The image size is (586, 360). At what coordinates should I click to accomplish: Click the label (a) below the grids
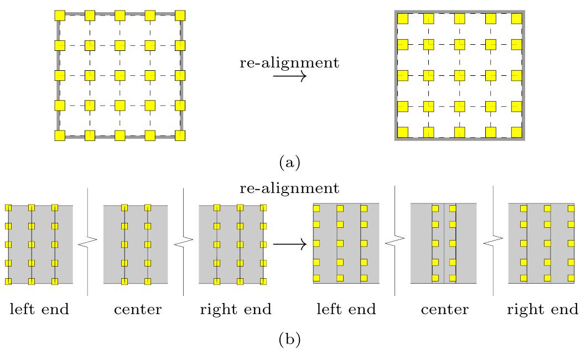[289, 163]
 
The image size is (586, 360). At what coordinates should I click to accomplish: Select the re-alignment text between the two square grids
[289, 62]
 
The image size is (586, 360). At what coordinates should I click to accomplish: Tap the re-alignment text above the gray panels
[289, 188]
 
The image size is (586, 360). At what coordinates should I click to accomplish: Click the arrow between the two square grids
[289, 77]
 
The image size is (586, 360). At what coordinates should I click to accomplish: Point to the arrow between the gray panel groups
[289, 243]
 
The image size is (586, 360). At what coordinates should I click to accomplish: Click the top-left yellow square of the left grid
[60, 15]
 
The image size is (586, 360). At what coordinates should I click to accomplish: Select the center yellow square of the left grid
[120, 75]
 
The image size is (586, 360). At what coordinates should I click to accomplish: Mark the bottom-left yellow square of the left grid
[60, 135]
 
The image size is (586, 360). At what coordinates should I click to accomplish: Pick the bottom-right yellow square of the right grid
[516, 132]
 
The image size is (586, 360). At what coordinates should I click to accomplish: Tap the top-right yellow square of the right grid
[516, 19]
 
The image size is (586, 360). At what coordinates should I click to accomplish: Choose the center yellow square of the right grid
[459, 75]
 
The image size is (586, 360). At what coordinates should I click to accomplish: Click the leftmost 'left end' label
[39, 309]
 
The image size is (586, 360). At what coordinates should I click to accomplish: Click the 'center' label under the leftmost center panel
[138, 309]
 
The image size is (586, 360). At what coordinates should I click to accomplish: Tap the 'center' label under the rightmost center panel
[444, 309]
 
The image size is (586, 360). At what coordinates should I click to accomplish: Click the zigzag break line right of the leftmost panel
[87, 242]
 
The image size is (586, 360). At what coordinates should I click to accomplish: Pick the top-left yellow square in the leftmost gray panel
[8, 208]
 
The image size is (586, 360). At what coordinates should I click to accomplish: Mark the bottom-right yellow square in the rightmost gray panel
[569, 278]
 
